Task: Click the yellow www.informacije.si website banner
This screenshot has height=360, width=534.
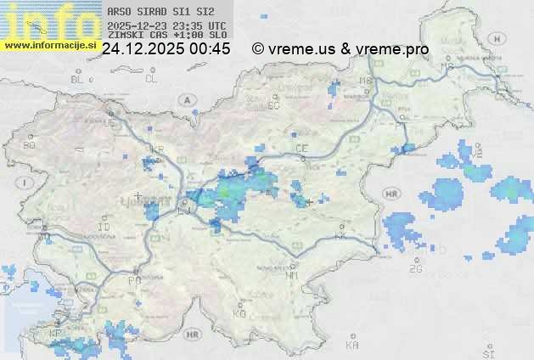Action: coord(48,44)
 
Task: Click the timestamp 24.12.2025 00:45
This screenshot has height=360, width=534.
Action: coord(166,49)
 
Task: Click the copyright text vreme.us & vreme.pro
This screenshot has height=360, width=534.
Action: coord(340,49)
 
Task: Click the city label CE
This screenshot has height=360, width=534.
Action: coord(301,149)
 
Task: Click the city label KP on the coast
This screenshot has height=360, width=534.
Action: coord(56,334)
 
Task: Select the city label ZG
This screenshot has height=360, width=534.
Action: coord(416,269)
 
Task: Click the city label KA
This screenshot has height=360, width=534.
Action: coord(352,346)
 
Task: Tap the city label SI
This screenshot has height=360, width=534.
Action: coord(487,352)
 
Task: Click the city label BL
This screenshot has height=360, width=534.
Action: coord(77,79)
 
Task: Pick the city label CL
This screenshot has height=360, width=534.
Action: coord(151,79)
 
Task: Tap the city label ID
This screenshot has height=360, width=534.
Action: coord(104,228)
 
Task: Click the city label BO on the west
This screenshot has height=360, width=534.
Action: coord(30,145)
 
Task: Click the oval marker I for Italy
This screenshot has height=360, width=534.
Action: coord(25,183)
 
